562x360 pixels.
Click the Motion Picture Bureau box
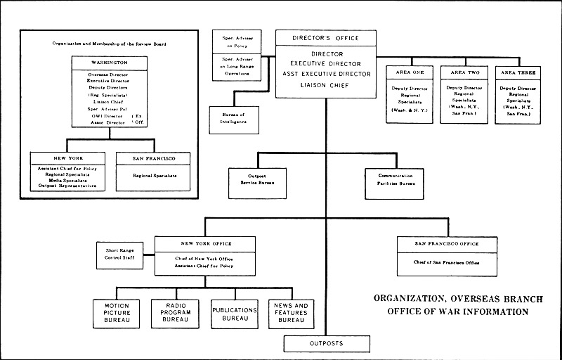tap(117, 314)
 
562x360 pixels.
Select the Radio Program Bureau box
tap(176, 314)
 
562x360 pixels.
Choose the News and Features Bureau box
tap(291, 314)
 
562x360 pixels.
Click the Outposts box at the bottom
tap(326, 344)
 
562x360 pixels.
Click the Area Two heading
tap(464, 72)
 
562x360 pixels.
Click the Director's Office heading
tap(325, 38)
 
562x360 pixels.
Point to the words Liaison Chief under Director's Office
tap(325, 86)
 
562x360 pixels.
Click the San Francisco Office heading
tap(447, 244)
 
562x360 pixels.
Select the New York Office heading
tap(204, 244)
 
